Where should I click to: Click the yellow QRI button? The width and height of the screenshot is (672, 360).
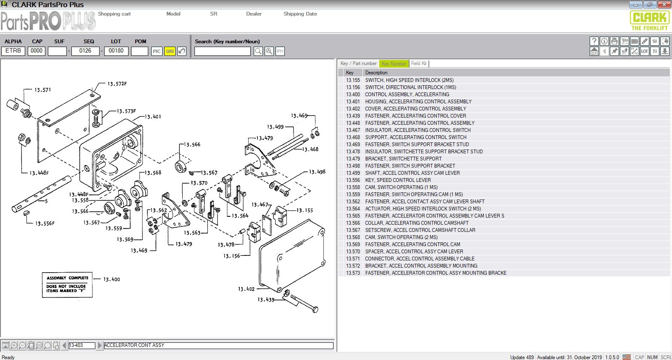pyautogui.click(x=170, y=51)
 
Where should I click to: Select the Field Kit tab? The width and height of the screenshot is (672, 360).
pyautogui.click(x=419, y=63)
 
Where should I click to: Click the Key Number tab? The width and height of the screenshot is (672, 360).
pyautogui.click(x=394, y=64)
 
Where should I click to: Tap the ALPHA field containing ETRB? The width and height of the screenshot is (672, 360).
pyautogui.click(x=13, y=51)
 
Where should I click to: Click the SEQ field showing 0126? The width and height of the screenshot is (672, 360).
pyautogui.click(x=85, y=51)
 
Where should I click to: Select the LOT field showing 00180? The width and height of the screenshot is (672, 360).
pyautogui.click(x=116, y=51)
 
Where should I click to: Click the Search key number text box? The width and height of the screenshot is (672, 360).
pyautogui.click(x=222, y=51)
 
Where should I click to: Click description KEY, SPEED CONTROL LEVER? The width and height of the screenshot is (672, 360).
pyautogui.click(x=398, y=180)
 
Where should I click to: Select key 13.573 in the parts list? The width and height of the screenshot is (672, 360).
pyautogui.click(x=353, y=273)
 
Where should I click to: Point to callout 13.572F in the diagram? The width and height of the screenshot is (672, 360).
pyautogui.click(x=117, y=84)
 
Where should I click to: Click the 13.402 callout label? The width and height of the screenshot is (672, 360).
pyautogui.click(x=246, y=289)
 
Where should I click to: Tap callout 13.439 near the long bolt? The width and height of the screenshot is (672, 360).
pyautogui.click(x=266, y=300)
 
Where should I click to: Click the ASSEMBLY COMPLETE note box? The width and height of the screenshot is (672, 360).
pyautogui.click(x=67, y=285)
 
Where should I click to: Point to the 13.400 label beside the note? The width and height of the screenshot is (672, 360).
pyautogui.click(x=112, y=279)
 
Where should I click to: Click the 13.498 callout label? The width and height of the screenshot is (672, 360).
pyautogui.click(x=317, y=172)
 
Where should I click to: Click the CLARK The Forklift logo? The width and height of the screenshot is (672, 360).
pyautogui.click(x=649, y=21)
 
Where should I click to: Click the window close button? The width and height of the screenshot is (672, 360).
pyautogui.click(x=664, y=5)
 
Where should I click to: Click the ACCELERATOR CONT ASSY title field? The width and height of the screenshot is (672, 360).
pyautogui.click(x=218, y=346)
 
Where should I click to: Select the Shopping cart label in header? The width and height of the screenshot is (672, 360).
pyautogui.click(x=114, y=14)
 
